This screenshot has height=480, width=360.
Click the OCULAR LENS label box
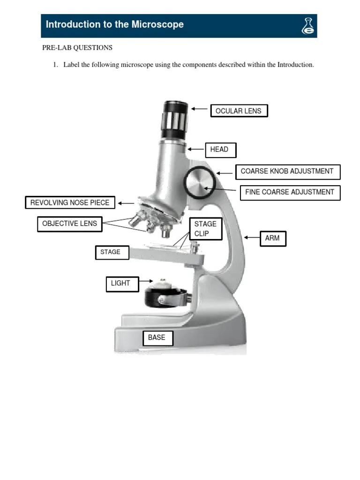pyautogui.click(x=239, y=111)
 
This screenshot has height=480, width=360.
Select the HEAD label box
pyautogui.click(x=220, y=150)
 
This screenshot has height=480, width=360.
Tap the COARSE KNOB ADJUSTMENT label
pyautogui.click(x=287, y=172)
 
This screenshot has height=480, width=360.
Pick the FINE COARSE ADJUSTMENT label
pyautogui.click(x=290, y=192)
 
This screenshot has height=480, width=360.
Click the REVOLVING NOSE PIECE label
pyautogui.click(x=70, y=202)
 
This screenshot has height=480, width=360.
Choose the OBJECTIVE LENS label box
pyautogui.click(x=69, y=224)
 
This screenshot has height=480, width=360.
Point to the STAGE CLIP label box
pyautogui.click(x=205, y=228)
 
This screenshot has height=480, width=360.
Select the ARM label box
pyautogui.click(x=272, y=238)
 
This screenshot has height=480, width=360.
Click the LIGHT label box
pyautogui.click(x=122, y=284)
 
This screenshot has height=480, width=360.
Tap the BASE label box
pyautogui.click(x=157, y=337)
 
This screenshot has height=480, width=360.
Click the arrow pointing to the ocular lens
pyautogui.click(x=200, y=109)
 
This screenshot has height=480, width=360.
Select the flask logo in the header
pyautogui.click(x=307, y=26)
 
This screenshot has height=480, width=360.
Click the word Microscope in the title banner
pyautogui.click(x=159, y=24)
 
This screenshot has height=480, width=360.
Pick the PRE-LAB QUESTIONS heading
pyautogui.click(x=78, y=48)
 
